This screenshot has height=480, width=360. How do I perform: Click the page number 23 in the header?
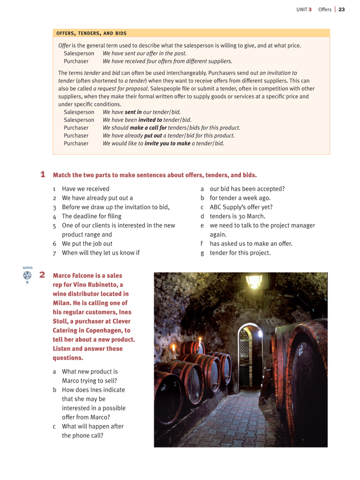point(342,9)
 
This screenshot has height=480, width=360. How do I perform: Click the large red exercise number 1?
point(43,174)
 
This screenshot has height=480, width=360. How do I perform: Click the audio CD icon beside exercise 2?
point(27,275)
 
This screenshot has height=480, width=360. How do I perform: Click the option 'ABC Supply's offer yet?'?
point(241,207)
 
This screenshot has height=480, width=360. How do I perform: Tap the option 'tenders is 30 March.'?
point(237,216)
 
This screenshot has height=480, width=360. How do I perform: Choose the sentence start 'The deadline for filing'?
point(91,216)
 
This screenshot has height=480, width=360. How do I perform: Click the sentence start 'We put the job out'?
point(87,243)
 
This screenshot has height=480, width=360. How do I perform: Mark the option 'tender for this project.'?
point(240,252)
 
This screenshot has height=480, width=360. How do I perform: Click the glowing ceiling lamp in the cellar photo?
point(253,281)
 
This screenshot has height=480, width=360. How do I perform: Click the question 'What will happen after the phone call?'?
point(93,431)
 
